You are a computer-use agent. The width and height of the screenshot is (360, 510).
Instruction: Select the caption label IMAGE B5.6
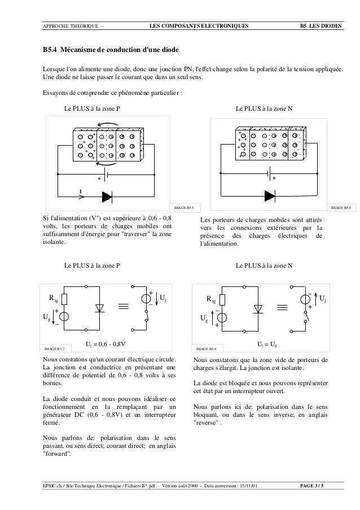click(x=341, y=208)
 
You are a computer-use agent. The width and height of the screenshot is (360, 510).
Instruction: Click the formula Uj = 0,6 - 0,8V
click(x=105, y=343)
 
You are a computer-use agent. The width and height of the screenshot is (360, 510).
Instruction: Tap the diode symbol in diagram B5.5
click(x=108, y=197)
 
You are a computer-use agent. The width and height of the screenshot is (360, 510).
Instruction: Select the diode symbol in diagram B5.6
click(x=270, y=197)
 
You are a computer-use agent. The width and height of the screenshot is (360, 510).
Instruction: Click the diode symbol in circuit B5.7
click(x=102, y=308)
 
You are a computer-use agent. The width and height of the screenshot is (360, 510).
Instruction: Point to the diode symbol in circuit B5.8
click(x=258, y=308)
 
